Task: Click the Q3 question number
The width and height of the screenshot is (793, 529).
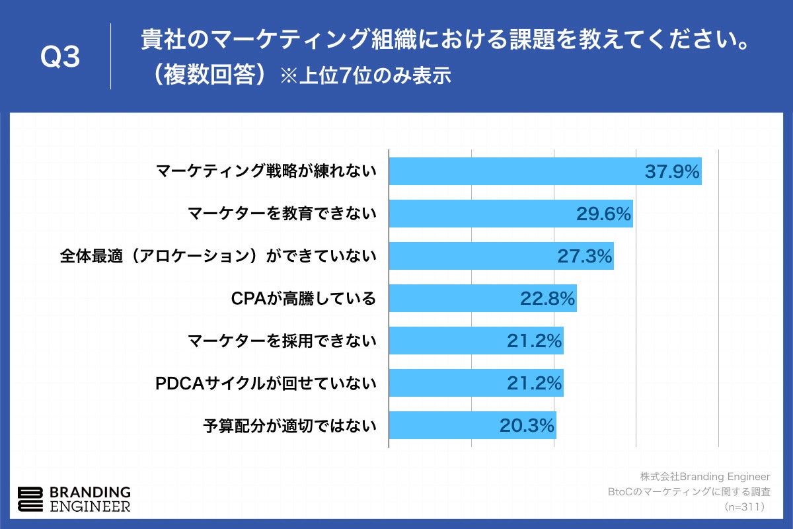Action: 60,57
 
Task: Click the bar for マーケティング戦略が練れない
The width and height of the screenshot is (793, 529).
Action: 515,171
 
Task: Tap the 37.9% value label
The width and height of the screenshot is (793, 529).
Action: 671,172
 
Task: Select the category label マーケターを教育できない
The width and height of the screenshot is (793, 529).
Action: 282,214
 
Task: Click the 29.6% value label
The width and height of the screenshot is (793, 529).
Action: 603,214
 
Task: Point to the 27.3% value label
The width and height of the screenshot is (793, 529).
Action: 584,257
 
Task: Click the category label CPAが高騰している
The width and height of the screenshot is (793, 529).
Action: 303,299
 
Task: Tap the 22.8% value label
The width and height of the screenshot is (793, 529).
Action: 547,299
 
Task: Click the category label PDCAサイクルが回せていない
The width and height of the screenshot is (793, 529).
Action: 266,383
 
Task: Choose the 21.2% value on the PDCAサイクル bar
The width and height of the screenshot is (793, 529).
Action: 534,384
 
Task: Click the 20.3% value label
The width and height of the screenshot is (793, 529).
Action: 527,426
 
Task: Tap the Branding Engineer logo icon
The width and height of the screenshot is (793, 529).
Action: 30,500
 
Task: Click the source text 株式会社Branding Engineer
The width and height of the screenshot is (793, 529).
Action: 704,476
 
